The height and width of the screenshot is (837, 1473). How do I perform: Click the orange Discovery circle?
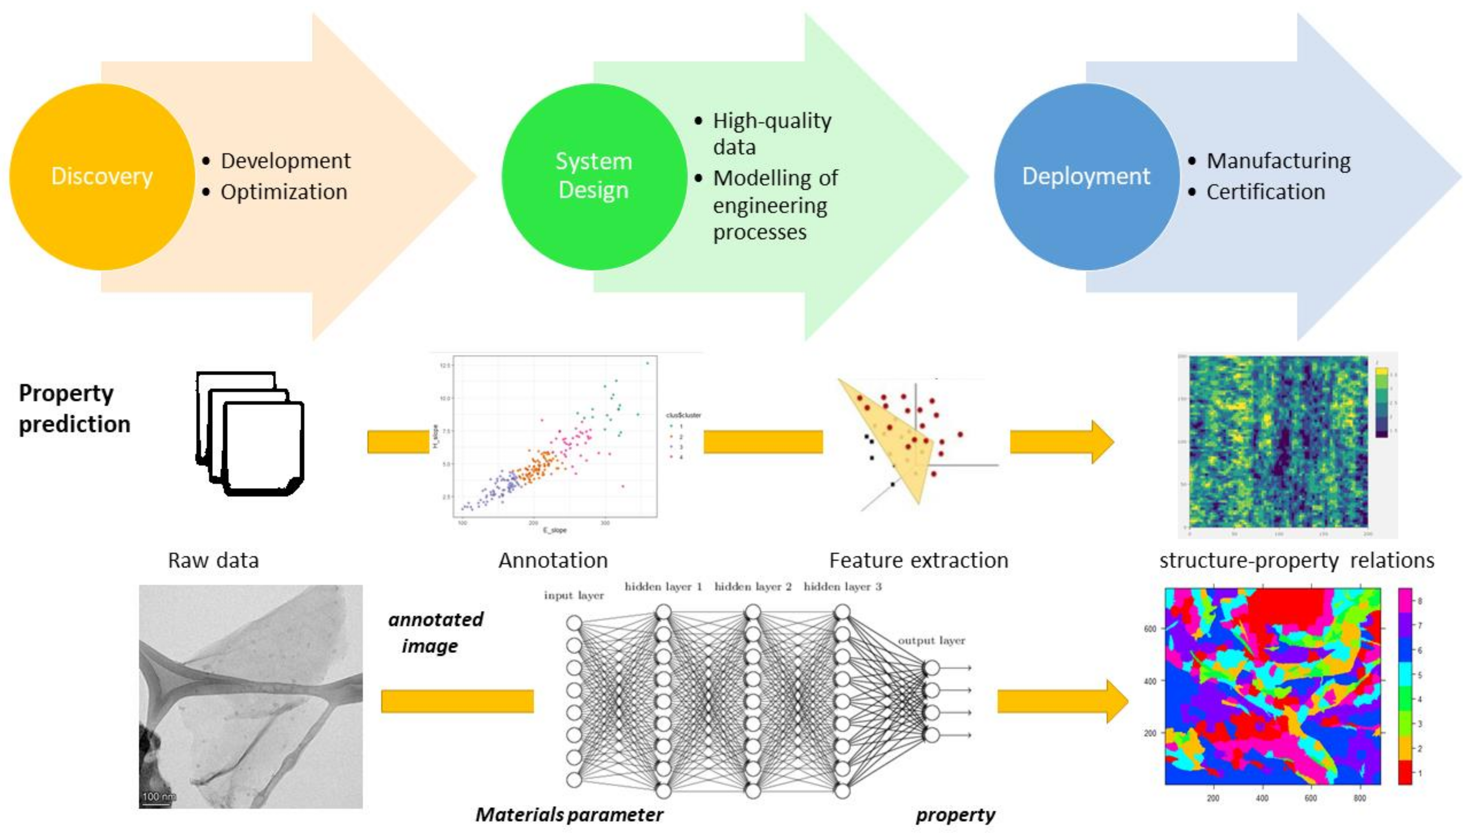[102, 177]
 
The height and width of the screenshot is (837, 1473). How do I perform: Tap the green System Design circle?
[594, 177]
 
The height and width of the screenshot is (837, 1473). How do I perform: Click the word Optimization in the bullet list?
[284, 192]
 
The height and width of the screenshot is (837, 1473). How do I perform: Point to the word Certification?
[1265, 192]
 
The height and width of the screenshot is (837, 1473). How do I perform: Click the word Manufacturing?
[1278, 161]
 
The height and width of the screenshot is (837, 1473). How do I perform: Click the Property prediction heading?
[74, 409]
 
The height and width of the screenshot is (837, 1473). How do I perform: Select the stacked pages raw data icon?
[250, 434]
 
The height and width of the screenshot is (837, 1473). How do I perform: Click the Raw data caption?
[213, 560]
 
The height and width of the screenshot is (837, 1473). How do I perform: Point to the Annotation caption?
[553, 560]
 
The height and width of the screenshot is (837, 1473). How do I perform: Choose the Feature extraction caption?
[918, 560]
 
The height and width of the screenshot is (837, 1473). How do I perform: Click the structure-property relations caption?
[1296, 560]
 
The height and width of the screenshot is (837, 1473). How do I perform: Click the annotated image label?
[435, 632]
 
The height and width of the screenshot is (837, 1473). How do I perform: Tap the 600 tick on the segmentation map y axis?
[1150, 629]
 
